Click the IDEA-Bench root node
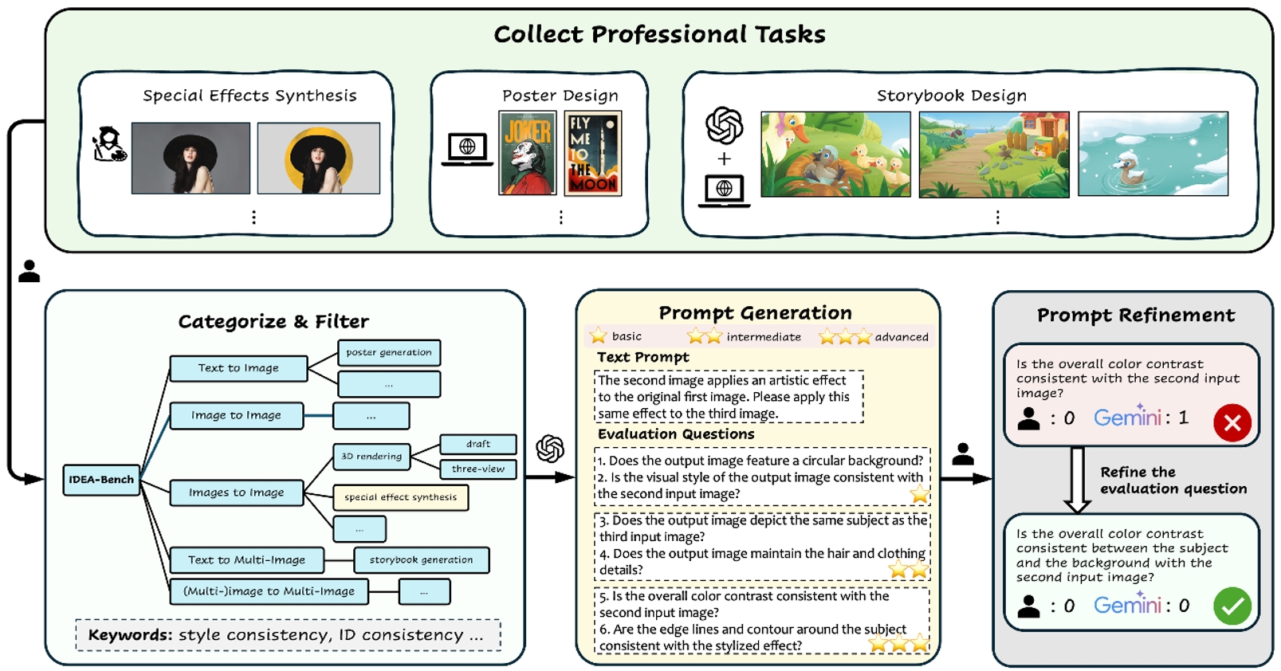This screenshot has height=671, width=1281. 101,480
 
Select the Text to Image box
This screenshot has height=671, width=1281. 238,368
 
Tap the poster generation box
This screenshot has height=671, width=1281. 389,352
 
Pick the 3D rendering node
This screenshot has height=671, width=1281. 371,457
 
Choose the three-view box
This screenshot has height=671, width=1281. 478,469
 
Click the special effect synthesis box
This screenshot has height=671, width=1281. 400,497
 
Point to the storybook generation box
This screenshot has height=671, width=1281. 421,560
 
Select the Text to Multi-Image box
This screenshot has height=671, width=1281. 247,560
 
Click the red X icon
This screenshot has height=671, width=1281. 1232,422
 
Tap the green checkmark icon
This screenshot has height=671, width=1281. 1232,606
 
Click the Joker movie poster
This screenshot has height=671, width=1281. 527,153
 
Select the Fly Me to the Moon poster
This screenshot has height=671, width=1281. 592,153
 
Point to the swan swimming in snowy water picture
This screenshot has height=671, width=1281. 1153,154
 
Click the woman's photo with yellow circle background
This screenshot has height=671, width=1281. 319,158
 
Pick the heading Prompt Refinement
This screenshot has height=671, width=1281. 1135,316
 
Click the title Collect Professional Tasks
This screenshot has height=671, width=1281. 659,34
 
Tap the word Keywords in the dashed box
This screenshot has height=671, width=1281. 130,635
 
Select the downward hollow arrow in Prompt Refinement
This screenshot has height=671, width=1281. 1077,479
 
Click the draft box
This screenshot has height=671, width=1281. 478,444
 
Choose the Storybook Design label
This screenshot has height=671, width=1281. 951,96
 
